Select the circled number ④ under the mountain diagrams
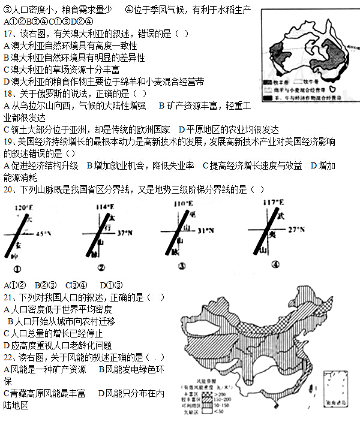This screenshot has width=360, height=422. point(275,264)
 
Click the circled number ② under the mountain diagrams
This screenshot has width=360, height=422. point(101,268)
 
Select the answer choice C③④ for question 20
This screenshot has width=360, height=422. point(76,285)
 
